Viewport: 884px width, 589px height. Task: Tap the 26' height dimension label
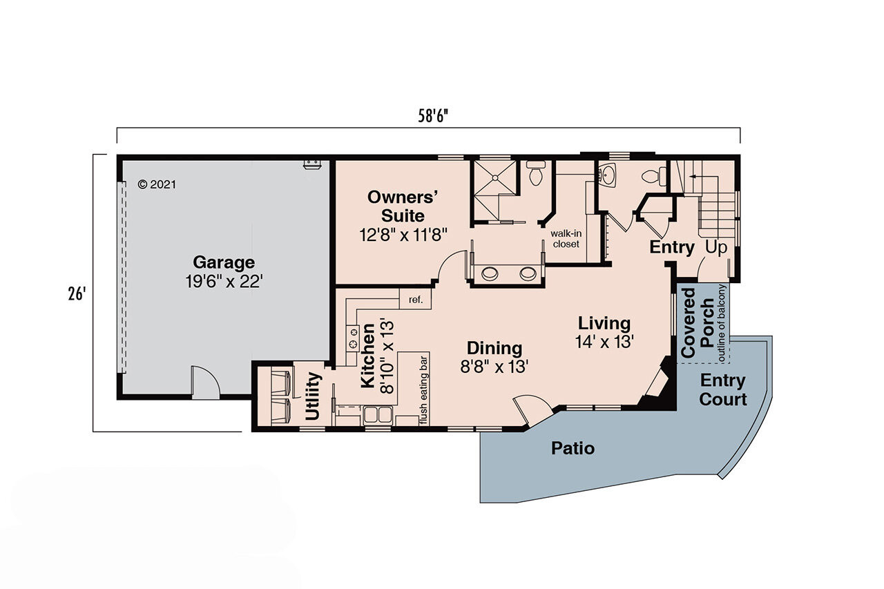point(77,293)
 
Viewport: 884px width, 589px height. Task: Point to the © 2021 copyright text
point(157,184)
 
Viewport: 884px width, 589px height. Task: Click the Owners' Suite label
point(403,206)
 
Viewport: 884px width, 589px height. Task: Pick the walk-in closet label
point(565,238)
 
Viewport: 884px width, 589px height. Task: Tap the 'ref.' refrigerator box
point(415,300)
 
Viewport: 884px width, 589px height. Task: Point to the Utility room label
point(313,396)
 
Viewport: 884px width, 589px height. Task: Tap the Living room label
point(604,322)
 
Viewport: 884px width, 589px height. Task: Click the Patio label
point(573,448)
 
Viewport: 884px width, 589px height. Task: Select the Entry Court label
point(722,389)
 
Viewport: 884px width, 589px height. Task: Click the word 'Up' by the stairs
point(715,247)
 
